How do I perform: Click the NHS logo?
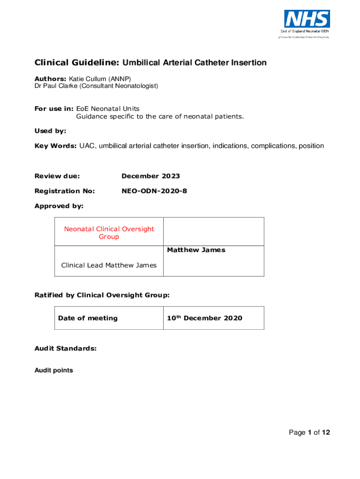(x=307, y=19)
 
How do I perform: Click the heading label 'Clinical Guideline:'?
(x=77, y=63)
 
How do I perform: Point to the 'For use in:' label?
(x=54, y=109)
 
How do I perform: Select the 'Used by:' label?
(x=50, y=131)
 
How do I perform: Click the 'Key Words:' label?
(x=56, y=146)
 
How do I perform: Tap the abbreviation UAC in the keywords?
(x=87, y=146)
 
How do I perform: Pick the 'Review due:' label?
(x=58, y=176)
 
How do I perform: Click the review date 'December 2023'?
(x=151, y=176)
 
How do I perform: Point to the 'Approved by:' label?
(x=59, y=206)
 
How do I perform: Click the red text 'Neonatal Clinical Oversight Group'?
(x=109, y=232)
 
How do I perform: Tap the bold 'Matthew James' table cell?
(x=196, y=250)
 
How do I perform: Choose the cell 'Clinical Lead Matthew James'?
(x=109, y=265)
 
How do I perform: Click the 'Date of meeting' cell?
(x=88, y=318)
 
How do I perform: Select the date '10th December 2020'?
(x=205, y=318)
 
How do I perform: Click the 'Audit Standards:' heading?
(x=65, y=348)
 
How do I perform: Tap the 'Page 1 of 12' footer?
(x=309, y=432)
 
